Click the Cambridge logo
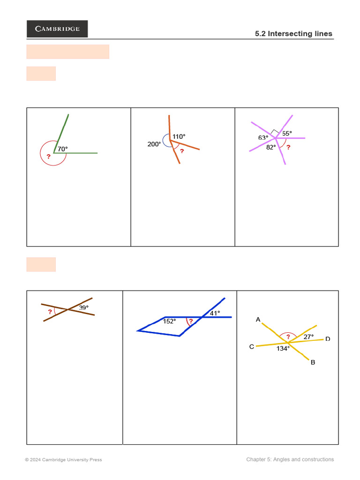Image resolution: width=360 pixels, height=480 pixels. point(57,29)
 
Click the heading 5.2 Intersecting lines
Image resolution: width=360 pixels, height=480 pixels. point(293,34)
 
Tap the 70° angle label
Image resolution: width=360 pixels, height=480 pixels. point(63,149)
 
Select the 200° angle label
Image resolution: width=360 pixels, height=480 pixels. point(154,144)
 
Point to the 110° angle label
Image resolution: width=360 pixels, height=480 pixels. point(179,137)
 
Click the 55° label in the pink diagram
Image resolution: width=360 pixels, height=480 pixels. point(287,133)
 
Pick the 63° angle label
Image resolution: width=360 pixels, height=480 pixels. point(263,138)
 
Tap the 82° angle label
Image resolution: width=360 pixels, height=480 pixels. point(271,147)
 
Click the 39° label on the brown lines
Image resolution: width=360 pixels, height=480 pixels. point(83,307)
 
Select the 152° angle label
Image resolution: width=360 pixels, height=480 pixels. point(169,322)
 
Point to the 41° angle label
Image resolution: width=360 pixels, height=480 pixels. point(215,313)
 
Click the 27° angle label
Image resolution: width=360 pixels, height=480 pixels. point(308,337)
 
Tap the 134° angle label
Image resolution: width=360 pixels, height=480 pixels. point(283,348)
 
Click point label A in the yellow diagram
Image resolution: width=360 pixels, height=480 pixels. point(258,320)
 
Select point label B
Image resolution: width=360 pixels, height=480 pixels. point(313,362)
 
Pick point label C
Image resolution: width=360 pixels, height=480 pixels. point(252,347)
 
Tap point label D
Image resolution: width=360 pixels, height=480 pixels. point(328,339)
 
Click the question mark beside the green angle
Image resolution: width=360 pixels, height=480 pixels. point(48,157)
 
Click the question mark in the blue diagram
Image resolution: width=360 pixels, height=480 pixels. point(191,321)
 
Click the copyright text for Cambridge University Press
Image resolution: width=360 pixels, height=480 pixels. point(63,460)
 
